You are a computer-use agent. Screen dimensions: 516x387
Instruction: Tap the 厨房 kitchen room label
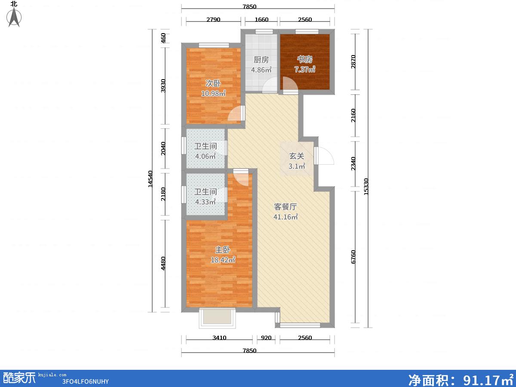[x=261, y=60]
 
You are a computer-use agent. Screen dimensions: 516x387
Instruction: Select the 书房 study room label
[x=305, y=59]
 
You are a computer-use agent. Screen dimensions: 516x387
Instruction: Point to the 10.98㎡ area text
[x=213, y=93]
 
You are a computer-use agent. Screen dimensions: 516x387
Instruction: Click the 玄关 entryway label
[x=297, y=156]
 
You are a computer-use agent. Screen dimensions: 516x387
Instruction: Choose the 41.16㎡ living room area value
[x=286, y=217]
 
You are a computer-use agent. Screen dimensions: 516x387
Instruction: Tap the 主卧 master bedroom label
[x=223, y=249]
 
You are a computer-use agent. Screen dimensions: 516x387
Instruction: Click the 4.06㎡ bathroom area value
[x=206, y=156]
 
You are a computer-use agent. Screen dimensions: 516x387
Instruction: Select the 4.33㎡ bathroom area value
[x=206, y=202]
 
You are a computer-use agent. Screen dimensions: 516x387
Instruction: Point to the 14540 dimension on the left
[x=150, y=179]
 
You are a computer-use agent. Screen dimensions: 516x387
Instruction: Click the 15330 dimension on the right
[x=366, y=187]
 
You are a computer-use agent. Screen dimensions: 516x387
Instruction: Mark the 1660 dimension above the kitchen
[x=261, y=19]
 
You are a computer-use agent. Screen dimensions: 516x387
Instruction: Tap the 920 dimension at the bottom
[x=266, y=338]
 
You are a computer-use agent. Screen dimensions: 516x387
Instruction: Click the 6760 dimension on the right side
[x=353, y=257]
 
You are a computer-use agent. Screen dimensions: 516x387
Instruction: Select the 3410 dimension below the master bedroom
[x=219, y=338]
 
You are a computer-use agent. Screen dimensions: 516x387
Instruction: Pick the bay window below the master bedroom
[x=217, y=318]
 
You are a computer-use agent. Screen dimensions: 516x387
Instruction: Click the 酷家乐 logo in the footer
[x=19, y=378]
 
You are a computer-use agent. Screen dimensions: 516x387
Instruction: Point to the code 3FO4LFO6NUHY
[x=85, y=381]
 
